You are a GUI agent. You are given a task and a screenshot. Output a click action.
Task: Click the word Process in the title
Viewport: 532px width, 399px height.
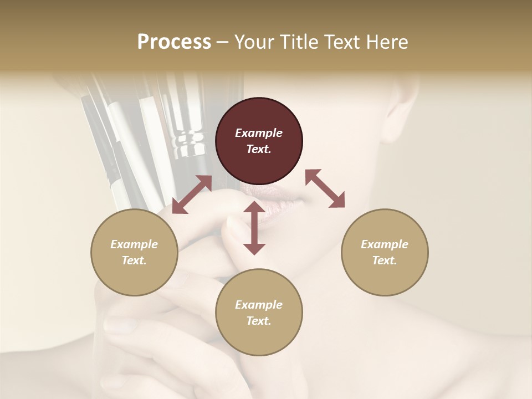pyautogui.click(x=174, y=42)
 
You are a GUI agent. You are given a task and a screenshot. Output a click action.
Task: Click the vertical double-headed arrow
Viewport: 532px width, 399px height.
pyautogui.click(x=254, y=228)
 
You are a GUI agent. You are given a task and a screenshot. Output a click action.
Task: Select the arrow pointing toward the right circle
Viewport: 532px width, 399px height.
pyautogui.click(x=325, y=188)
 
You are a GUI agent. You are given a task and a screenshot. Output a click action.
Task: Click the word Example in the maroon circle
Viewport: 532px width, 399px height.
pyautogui.click(x=259, y=133)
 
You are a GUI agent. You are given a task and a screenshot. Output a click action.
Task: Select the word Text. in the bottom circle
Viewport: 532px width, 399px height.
pyautogui.click(x=259, y=321)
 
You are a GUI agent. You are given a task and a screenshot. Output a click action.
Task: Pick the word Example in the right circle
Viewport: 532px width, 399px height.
pyautogui.click(x=385, y=244)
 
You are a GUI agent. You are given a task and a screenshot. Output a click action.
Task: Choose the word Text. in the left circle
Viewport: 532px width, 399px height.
pyautogui.click(x=134, y=260)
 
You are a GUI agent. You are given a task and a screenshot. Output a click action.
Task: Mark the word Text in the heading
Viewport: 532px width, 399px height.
pyautogui.click(x=345, y=42)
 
